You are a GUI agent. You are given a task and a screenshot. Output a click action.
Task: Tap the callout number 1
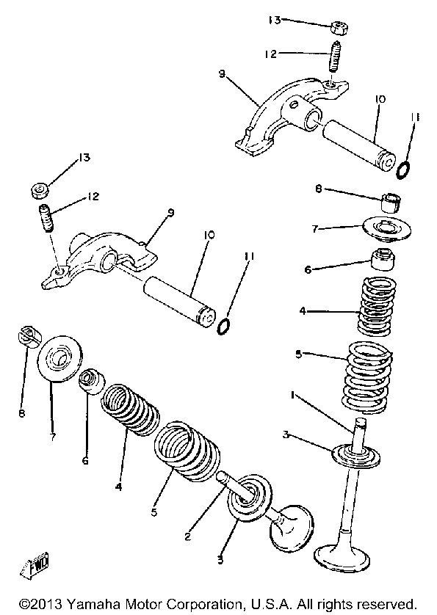pyautogui.click(x=292, y=396)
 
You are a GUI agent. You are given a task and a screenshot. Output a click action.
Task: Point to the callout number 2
pyautogui.click(x=188, y=536)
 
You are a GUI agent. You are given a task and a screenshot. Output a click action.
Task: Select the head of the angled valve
pyautogui.click(x=291, y=525)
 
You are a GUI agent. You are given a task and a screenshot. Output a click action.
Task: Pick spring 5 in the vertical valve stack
pyautogui.click(x=367, y=377)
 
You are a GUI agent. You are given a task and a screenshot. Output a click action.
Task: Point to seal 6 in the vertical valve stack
pyautogui.click(x=383, y=259)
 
